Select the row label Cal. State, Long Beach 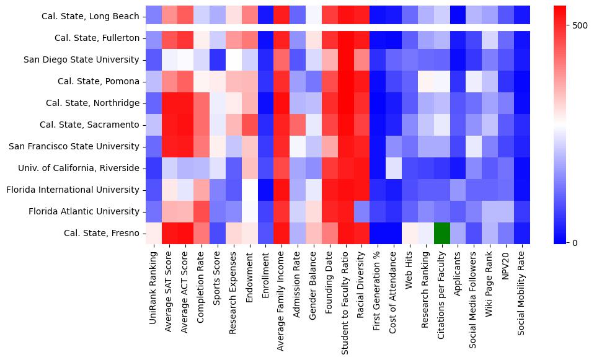coord(91,16)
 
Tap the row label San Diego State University coord(82,59)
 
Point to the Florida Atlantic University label coord(86,212)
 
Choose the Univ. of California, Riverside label coord(78,169)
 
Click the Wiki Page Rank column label coord(490,283)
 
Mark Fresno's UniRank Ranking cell coord(153,234)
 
